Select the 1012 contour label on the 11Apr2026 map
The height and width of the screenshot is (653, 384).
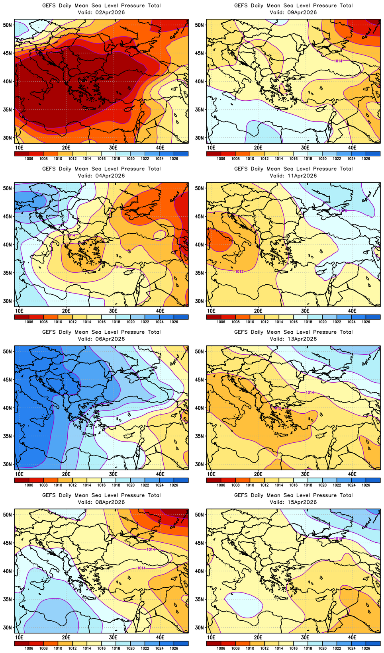pos(239,272)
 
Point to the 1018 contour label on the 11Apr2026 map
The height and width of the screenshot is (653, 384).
pos(343,211)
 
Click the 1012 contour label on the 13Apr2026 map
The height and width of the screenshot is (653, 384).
pos(277,408)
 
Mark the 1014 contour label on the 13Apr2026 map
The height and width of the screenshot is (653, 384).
pos(310,393)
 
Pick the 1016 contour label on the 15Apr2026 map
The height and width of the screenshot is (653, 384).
pos(338,538)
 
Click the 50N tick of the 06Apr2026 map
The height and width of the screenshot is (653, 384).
pos(8,351)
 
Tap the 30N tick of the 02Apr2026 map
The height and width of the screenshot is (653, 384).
pos(8,138)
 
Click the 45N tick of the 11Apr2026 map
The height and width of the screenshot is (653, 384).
pos(200,216)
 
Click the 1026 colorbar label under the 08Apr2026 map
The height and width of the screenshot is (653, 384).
pos(174,648)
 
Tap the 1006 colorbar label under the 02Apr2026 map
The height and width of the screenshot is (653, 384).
pos(29,158)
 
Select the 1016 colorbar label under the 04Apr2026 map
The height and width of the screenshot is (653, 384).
pos(101,322)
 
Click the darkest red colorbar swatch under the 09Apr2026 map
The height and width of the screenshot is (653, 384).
pos(214,154)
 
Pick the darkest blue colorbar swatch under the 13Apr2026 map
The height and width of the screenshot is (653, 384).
pos(373,480)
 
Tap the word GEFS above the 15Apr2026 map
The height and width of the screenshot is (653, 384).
pos(241,495)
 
